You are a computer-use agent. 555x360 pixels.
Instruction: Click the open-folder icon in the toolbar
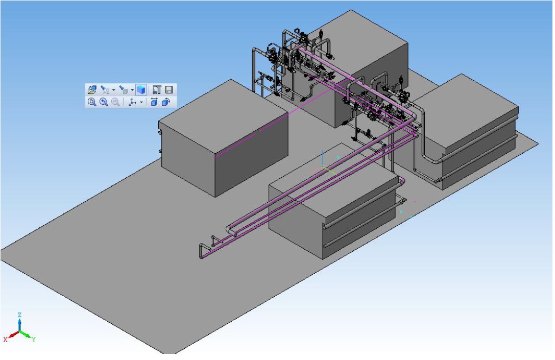(x=92, y=89)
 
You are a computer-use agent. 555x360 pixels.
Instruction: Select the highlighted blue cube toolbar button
(x=141, y=89)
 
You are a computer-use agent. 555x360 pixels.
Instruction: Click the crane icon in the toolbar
(x=157, y=89)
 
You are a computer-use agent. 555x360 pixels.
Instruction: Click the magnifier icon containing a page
(x=92, y=102)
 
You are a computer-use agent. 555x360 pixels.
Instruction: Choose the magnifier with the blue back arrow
(x=104, y=102)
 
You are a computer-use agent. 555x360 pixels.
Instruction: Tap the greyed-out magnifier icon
(x=115, y=102)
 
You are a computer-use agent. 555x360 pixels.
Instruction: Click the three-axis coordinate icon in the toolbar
(x=132, y=102)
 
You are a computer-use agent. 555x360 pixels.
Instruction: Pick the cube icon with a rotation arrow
(x=165, y=102)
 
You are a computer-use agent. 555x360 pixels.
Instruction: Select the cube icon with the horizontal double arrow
(x=154, y=102)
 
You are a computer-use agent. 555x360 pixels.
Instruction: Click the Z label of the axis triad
(x=20, y=315)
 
